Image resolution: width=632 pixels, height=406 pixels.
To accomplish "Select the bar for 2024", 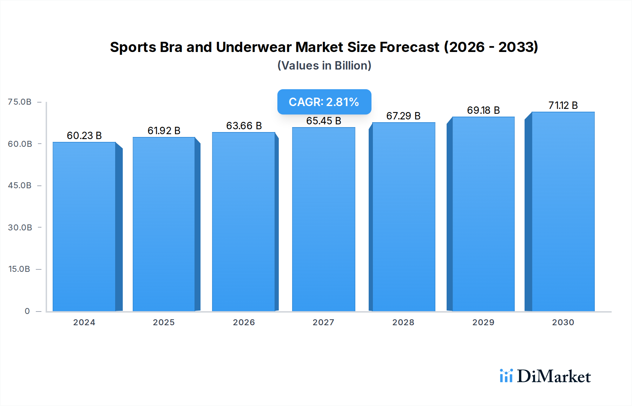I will pos(84,227).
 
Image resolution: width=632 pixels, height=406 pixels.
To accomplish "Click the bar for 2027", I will pos(323,219).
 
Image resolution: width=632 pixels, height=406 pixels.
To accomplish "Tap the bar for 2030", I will pos(563,211).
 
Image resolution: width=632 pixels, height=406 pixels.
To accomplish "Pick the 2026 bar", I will pos(244,222).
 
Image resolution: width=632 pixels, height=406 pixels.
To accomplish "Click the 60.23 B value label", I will pos(84,136).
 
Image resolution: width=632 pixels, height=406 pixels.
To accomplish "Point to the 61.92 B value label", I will pos(164,131).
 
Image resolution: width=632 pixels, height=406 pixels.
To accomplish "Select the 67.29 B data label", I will pos(403,116).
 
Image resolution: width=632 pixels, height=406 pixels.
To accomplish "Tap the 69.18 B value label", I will pos(483,110).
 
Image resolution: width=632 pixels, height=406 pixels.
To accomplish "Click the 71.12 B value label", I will pos(563,105).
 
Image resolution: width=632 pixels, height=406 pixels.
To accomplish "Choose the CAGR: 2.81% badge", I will pos(324,102).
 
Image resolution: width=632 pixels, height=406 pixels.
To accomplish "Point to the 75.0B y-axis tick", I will pos(20,102).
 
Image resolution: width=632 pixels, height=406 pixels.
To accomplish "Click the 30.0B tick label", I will pos(20,228).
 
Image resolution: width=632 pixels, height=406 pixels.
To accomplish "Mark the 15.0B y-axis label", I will pos(19,269).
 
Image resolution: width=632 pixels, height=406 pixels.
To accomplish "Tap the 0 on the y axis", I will pos(27,311).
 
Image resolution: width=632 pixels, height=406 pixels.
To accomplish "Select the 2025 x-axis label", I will pos(164,322).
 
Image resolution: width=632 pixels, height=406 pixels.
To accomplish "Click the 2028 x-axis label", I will pos(403,322).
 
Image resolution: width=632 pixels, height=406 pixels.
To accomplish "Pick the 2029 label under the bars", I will pos(483,322).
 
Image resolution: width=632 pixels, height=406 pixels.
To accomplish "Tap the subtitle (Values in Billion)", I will pos(324,66).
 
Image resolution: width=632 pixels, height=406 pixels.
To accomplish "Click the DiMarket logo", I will pos(545,376).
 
